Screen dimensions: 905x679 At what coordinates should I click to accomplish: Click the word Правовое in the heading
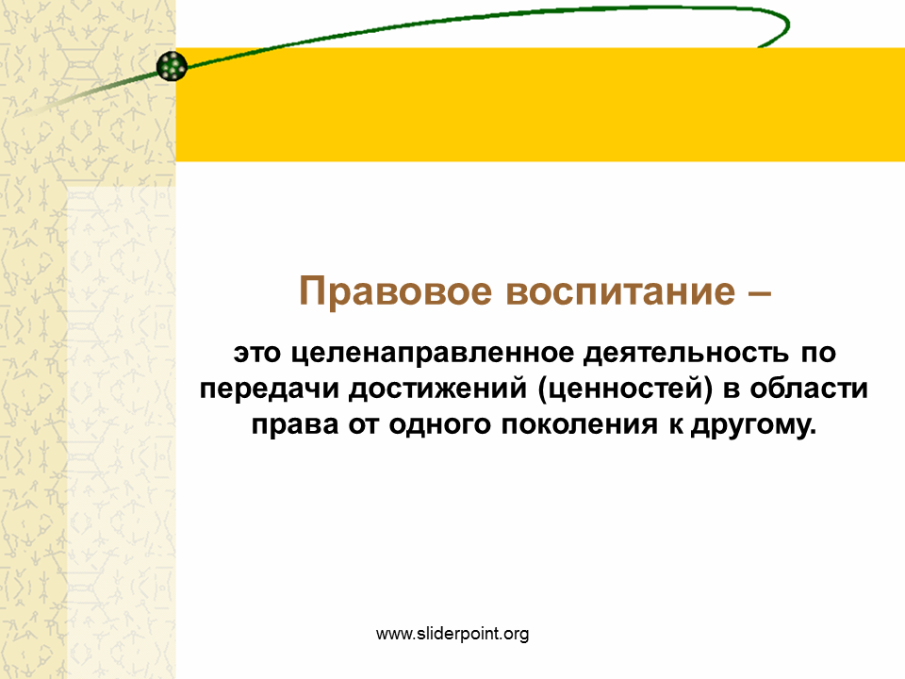395,291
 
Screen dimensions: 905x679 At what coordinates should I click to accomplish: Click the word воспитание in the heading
620,291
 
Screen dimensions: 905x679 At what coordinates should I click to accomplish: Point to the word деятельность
685,353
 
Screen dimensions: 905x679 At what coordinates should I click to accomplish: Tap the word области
809,389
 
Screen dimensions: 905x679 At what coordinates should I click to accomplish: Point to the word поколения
578,425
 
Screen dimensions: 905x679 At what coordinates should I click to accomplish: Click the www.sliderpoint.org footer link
452,634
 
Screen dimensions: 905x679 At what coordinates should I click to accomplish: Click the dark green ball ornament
172,66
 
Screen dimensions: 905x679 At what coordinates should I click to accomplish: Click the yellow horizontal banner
540,105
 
